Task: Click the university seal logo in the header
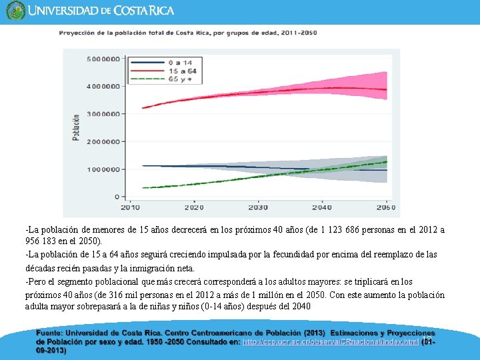(15, 11)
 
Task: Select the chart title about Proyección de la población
(188, 33)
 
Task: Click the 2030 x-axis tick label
(258, 207)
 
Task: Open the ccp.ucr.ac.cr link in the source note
(330, 341)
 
